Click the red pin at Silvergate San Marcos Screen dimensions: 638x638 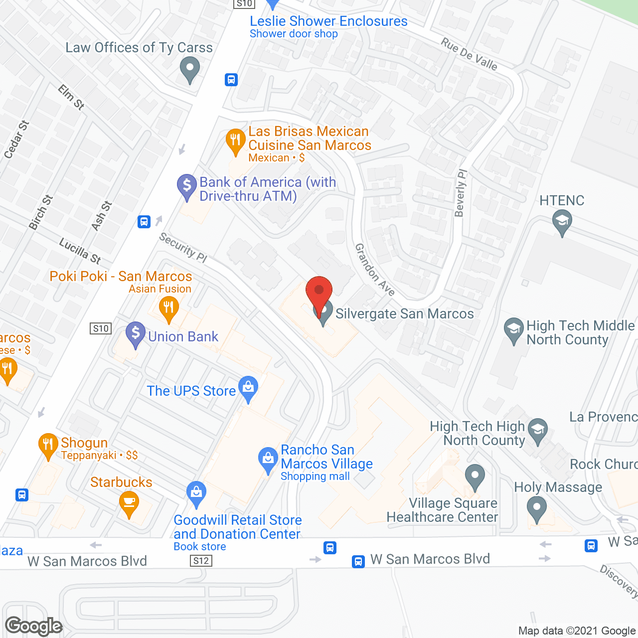(319, 292)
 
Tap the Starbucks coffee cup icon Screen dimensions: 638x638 (129, 502)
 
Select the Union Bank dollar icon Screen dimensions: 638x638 (136, 334)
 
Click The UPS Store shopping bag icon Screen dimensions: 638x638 (248, 388)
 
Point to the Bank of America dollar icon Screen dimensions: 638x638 (187, 186)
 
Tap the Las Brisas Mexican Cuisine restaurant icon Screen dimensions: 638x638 (236, 141)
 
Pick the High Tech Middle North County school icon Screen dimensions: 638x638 (513, 329)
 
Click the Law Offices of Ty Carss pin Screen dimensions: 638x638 (189, 69)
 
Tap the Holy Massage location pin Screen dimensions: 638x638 (537, 509)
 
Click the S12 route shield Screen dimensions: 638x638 (201, 561)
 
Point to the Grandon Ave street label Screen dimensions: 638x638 (374, 270)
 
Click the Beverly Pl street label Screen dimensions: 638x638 (461, 193)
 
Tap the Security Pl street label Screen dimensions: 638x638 (183, 247)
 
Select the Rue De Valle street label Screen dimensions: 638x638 (469, 54)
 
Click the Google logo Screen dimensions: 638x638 (34, 626)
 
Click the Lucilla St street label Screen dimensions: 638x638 (80, 251)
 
